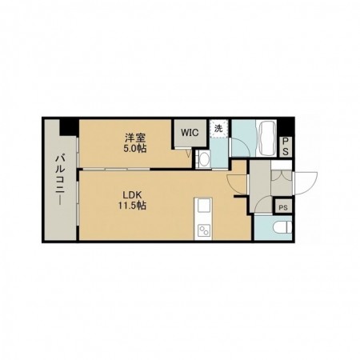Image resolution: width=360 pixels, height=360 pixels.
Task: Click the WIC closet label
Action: pyautogui.click(x=190, y=132)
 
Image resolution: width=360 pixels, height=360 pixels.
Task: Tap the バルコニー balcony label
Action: pyautogui.click(x=59, y=180)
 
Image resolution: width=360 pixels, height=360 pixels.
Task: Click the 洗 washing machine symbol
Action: pyautogui.click(x=218, y=128)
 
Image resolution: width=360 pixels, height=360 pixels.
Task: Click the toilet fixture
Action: pyautogui.click(x=279, y=230)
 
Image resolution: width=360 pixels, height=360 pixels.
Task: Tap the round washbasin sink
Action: pyautogui.click(x=202, y=159)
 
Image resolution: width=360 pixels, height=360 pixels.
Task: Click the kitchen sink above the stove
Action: pyautogui.click(x=202, y=210)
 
